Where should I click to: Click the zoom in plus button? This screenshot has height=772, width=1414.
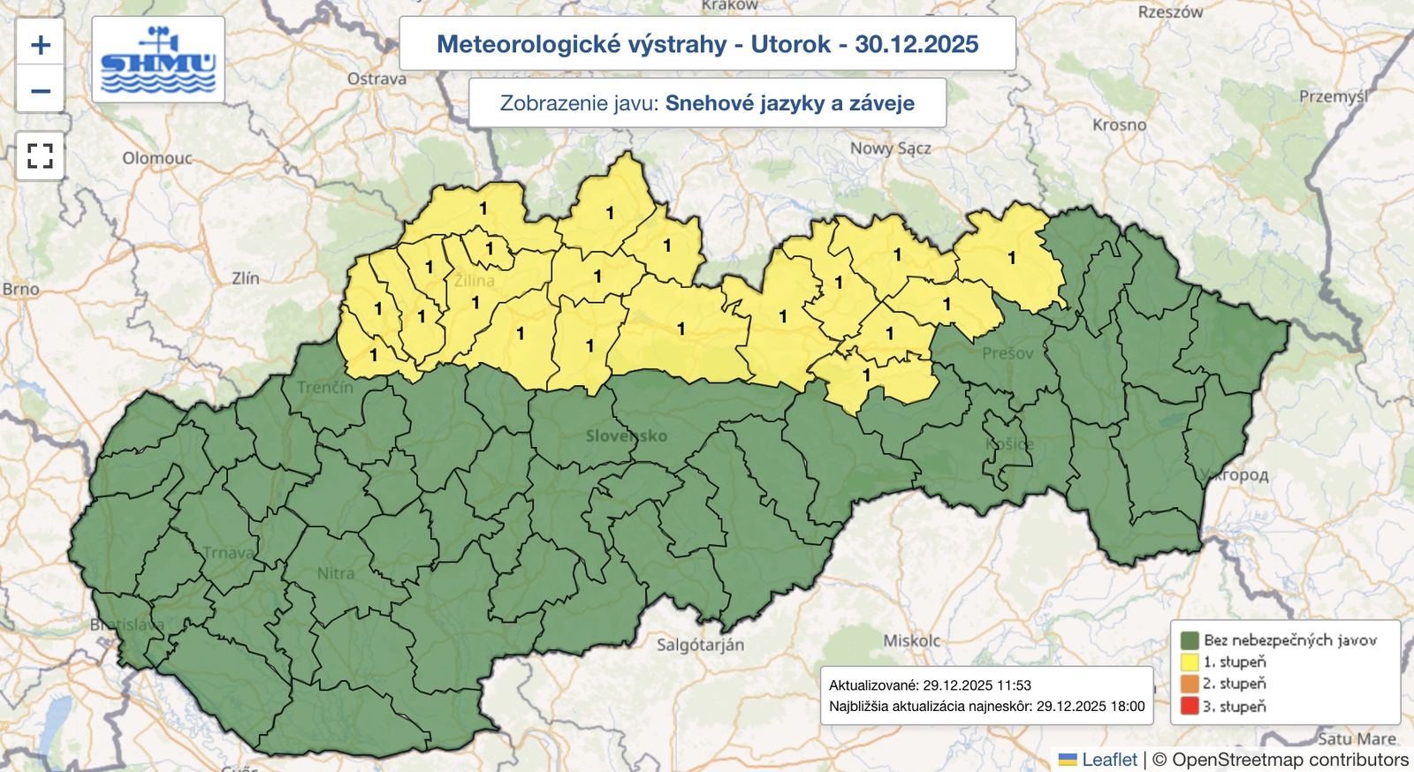[x=41, y=45]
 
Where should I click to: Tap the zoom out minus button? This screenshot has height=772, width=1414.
[x=41, y=91]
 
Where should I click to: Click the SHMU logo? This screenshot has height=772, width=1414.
[x=158, y=60]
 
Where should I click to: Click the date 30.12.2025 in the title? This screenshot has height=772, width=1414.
[x=916, y=44]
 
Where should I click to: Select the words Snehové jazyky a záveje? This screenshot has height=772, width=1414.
[x=789, y=103]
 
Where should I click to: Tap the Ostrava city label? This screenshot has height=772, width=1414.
[x=376, y=79]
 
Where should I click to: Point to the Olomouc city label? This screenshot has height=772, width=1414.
[x=157, y=158]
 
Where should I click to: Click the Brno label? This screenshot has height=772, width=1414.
[x=20, y=289]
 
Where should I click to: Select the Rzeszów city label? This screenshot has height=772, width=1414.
[x=1170, y=12]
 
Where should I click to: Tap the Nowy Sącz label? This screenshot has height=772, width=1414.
[x=890, y=148]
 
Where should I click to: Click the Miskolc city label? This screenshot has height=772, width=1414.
[x=912, y=640]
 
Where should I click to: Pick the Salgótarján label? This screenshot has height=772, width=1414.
[x=700, y=645]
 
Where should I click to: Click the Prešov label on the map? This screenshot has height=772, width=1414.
[x=1007, y=353]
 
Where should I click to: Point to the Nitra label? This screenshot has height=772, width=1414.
[x=336, y=573]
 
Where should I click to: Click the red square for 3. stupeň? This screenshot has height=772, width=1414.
[x=1190, y=706]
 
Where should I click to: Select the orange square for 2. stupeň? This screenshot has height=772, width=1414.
[x=1190, y=684]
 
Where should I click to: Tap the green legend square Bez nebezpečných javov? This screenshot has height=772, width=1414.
[x=1190, y=640]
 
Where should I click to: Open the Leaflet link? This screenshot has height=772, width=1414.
[x=1109, y=760]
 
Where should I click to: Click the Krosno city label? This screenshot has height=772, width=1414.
[x=1119, y=125]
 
